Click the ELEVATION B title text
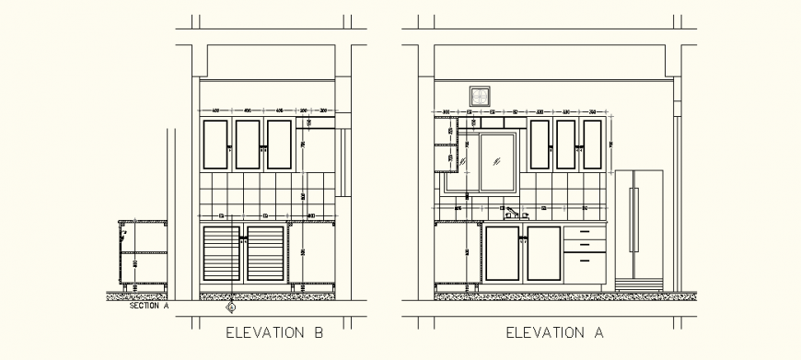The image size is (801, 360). click(x=274, y=333)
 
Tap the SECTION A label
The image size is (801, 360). click(x=149, y=308)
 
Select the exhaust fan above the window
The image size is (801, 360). click(x=479, y=95)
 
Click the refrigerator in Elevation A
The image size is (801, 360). click(x=640, y=226)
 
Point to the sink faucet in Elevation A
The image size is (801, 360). click(x=511, y=214)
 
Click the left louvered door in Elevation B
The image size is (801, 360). click(x=222, y=253)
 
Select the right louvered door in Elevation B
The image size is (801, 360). click(x=266, y=253)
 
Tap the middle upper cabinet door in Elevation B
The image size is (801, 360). click(x=249, y=145)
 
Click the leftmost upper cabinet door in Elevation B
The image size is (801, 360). click(x=217, y=145)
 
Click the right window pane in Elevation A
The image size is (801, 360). click(x=499, y=163)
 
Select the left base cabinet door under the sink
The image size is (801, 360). click(x=503, y=253)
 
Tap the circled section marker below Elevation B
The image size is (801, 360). click(x=231, y=307)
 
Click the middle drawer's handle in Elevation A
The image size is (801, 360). click(x=585, y=245)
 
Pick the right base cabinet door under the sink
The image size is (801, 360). click(x=542, y=253)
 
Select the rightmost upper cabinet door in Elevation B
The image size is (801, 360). click(x=280, y=145)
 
